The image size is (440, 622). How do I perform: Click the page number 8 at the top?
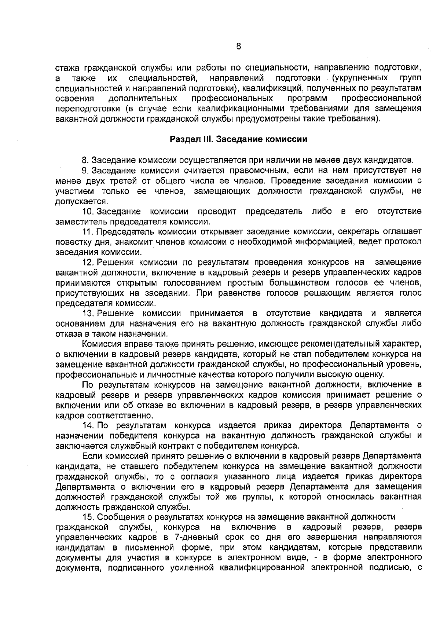point(238,46)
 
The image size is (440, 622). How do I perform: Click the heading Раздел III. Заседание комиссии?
point(238,140)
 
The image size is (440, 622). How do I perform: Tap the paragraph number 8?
point(85,161)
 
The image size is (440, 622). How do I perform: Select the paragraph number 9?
point(85,171)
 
